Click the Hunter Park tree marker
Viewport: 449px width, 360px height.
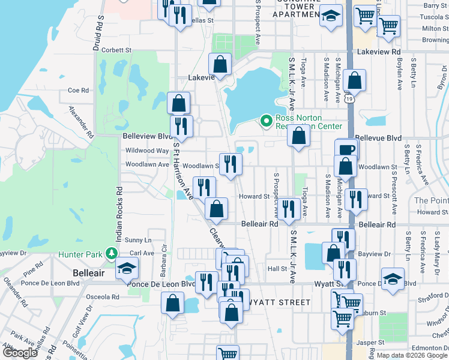pyautogui.click(x=111, y=254)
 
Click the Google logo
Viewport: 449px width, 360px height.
pyautogui.click(x=20, y=352)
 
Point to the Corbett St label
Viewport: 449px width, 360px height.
pyautogui.click(x=116, y=50)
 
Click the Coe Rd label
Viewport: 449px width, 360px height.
pyautogui.click(x=78, y=91)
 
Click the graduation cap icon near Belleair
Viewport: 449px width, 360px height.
pyautogui.click(x=127, y=268)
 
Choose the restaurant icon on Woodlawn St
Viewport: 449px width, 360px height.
pyautogui.click(x=231, y=164)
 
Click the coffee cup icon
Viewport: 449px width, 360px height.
pyautogui.click(x=347, y=149)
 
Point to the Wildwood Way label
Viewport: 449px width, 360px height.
pyautogui.click(x=141, y=151)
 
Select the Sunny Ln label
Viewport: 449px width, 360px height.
pyautogui.click(x=138, y=240)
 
